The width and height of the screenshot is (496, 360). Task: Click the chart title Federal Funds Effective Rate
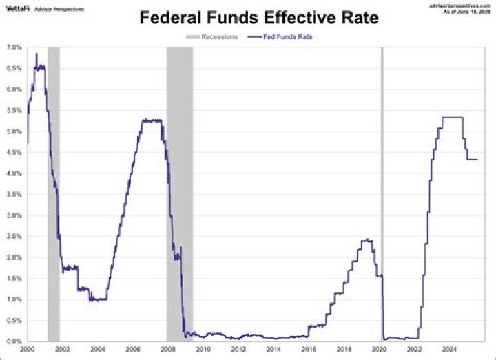(x=259, y=18)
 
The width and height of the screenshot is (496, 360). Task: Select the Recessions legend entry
(x=213, y=36)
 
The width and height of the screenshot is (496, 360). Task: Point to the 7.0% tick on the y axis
(x=14, y=47)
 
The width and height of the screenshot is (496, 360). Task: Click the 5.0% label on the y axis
(x=14, y=131)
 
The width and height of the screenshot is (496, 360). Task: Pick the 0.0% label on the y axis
(x=14, y=342)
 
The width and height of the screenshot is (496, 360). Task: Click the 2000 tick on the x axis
(x=27, y=350)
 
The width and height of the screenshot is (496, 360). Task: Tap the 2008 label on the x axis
(x=167, y=350)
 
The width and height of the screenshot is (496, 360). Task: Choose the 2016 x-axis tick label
(x=309, y=350)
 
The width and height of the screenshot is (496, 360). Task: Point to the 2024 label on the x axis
(x=449, y=350)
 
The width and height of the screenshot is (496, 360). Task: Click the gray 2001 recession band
(x=54, y=193)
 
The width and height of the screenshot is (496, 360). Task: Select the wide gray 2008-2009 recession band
(x=180, y=193)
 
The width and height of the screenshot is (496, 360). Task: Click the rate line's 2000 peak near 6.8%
(x=36, y=54)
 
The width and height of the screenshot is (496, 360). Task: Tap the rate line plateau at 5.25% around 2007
(x=152, y=120)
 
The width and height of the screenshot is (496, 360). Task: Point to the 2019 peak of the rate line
(x=366, y=240)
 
